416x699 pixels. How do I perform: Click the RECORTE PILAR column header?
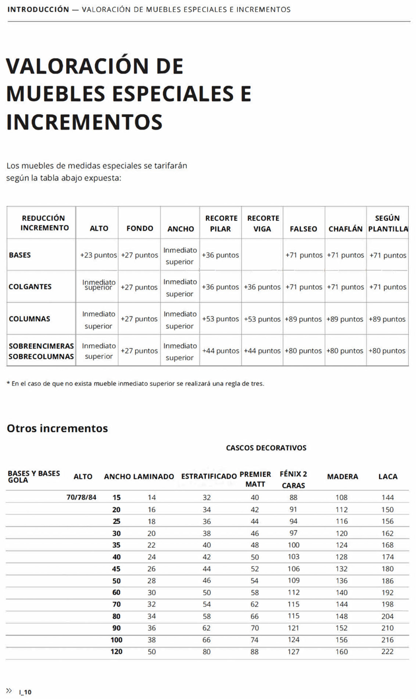[221, 224]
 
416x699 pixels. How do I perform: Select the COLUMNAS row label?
[29, 319]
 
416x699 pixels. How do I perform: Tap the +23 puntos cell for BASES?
[98, 255]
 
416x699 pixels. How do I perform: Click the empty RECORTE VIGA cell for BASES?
[262, 255]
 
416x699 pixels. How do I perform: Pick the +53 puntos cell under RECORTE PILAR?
[221, 319]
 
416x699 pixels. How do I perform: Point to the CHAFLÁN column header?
[345, 229]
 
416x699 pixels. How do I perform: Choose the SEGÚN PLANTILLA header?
[388, 224]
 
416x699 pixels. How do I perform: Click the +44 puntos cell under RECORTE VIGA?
[262, 351]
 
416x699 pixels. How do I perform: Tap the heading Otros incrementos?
[57, 429]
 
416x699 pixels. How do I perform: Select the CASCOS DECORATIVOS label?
[266, 448]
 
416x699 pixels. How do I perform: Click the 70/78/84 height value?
[82, 497]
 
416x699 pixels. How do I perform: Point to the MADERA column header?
[343, 477]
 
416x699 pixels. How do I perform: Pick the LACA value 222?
[387, 652]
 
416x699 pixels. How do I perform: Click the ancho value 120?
[116, 652]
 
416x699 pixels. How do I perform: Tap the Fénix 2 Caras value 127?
[294, 652]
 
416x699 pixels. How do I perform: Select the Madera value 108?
[342, 498]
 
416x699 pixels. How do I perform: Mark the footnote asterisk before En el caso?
[8, 383]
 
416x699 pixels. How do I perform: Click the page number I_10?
[25, 692]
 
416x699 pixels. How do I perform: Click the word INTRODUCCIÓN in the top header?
[38, 10]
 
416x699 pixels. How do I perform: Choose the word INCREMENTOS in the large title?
[84, 122]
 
